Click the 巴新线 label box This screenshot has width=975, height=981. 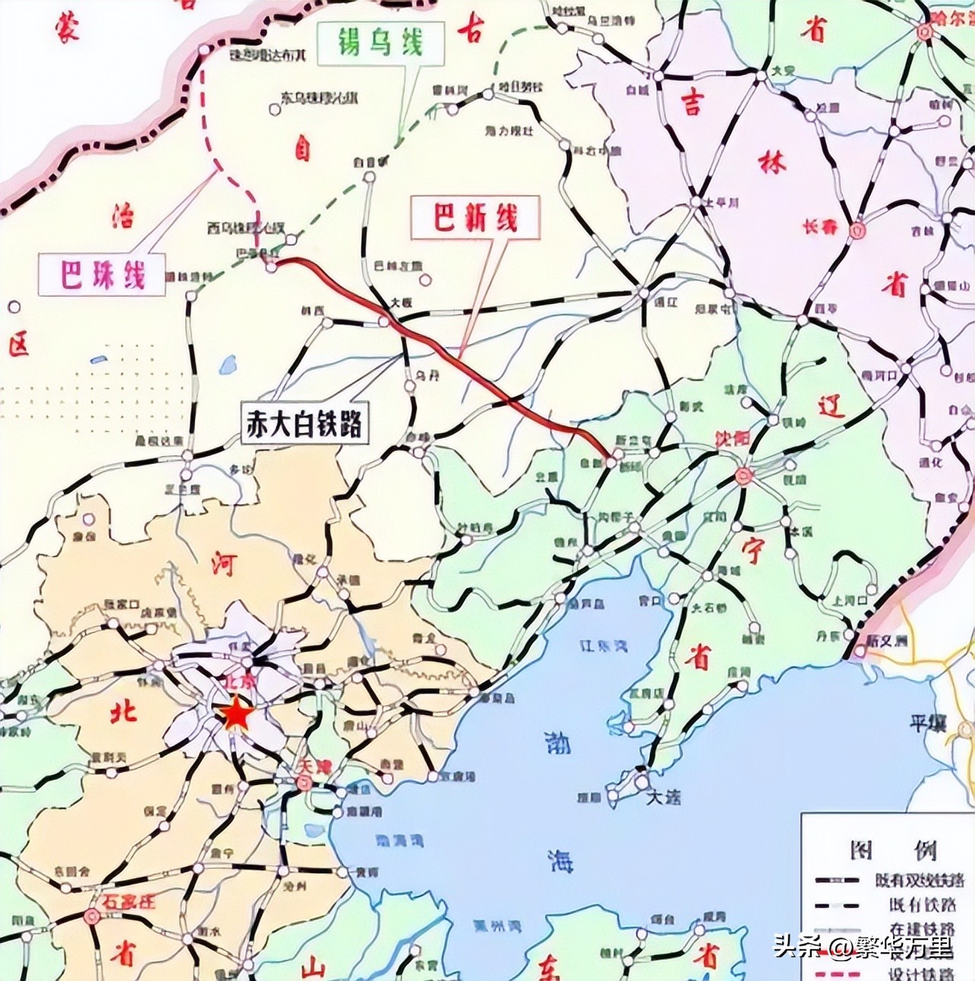click(475, 219)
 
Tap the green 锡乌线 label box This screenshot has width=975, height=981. click(380, 42)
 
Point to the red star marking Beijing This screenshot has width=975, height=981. click(237, 714)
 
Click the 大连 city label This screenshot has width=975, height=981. click(664, 796)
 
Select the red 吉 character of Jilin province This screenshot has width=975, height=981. click(691, 104)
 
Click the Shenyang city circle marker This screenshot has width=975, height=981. click(743, 475)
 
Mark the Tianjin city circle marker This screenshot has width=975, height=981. click(304, 783)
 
